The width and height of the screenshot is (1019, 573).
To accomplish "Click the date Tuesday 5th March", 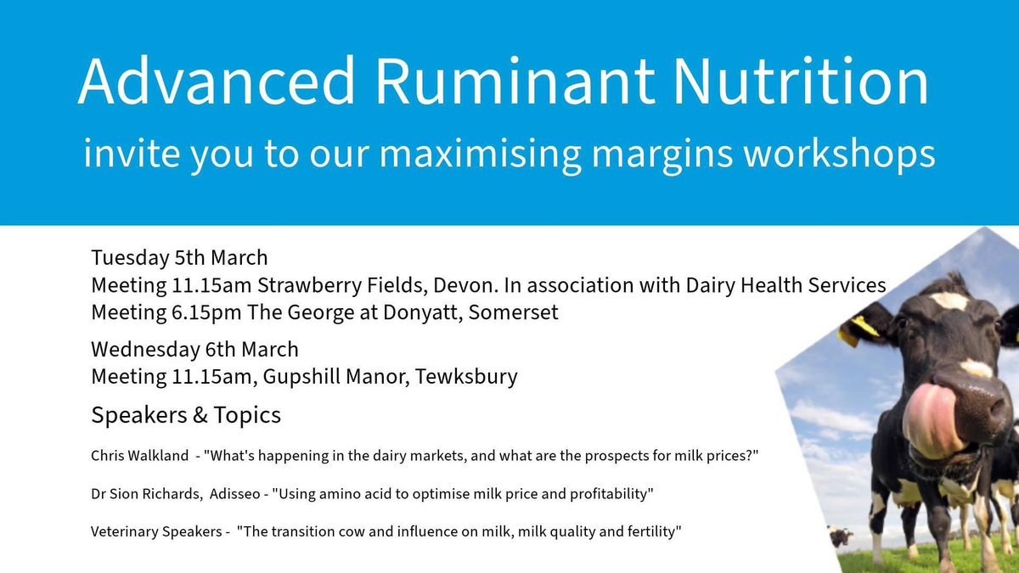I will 179,257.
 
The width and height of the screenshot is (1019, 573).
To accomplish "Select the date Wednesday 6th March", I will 194,349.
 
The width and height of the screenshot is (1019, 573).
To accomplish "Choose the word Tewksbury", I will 466,376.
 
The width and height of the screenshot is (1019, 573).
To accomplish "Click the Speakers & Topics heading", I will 186,417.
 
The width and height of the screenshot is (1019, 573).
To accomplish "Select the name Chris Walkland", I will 140,457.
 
